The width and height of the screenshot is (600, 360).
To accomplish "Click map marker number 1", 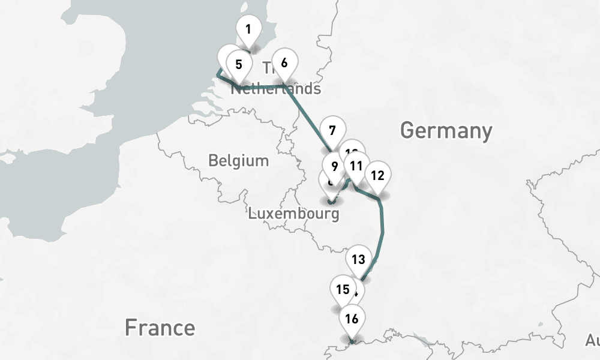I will coord(248,28).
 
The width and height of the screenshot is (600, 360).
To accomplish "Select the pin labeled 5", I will coord(238,64).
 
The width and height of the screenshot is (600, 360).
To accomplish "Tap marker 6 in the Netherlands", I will coord(284,62).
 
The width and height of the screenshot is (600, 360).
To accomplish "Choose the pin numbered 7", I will coord(332,130).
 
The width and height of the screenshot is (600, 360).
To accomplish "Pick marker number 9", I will coord(334,164).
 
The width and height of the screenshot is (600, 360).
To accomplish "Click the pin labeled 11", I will coord(356,166).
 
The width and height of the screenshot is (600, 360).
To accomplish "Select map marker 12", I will coord(377,175).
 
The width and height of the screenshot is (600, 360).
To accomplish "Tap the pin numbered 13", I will coord(358,259).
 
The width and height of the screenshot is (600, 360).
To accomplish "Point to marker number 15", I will coord(343,289).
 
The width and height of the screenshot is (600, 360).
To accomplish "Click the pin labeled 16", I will coord(352,318).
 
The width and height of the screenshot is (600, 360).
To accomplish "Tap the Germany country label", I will coord(446,130).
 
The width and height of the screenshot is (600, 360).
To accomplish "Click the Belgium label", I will coord(238,161).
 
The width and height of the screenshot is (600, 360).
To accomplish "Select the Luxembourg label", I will coord(293,213).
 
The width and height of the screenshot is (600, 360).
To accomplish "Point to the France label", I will coord(160,328).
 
